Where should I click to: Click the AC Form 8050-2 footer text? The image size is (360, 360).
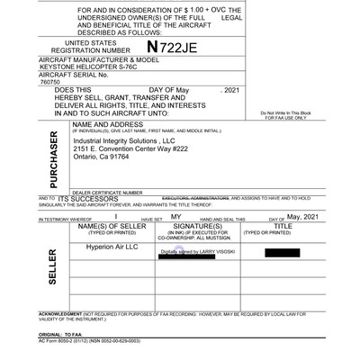(x=89, y=340)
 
